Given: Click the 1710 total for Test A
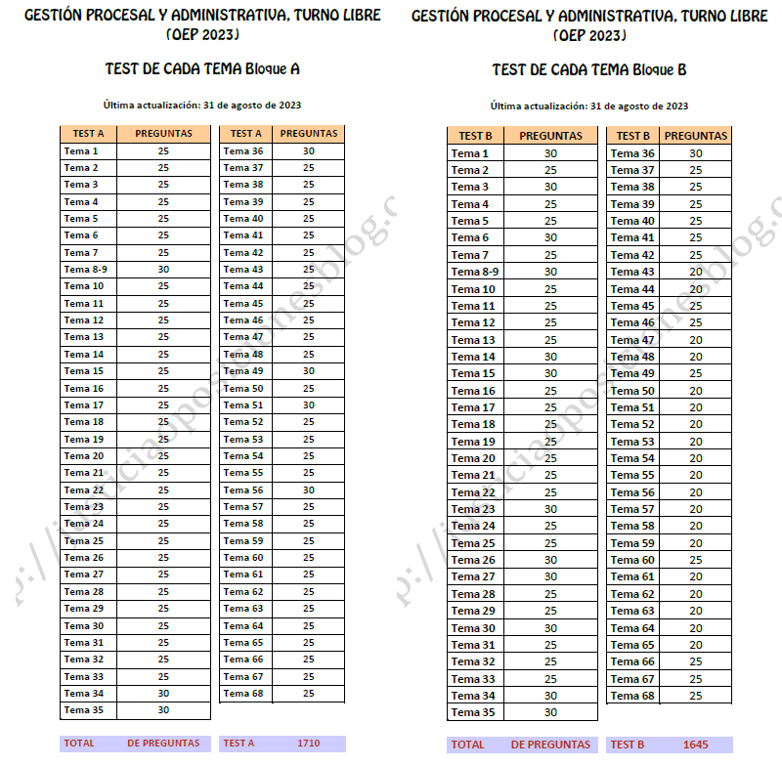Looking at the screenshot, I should coord(308,744).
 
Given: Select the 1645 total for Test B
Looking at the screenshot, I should coord(696,745).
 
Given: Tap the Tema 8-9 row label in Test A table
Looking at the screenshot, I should coord(85,270).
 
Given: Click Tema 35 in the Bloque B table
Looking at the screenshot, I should coord(472,712).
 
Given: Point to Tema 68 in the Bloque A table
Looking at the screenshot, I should coord(243,694).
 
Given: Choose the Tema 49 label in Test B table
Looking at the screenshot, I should coord(632,373).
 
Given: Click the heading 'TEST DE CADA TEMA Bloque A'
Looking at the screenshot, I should coord(202,69).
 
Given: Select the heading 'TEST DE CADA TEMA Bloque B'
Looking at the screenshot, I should coord(589,69).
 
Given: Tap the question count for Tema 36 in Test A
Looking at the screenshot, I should coord(308,151).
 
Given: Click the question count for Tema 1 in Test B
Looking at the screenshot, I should coord(550,153).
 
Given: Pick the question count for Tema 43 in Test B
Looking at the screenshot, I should coord(696,272).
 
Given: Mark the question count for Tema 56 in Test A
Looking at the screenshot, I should coord(308,490).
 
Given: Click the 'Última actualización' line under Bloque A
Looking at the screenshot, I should coord(202,106).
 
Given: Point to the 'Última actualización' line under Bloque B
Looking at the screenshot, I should coord(589,106).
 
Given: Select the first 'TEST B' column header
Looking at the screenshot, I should coord(475,136).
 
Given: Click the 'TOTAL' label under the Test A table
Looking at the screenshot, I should coord(79,744).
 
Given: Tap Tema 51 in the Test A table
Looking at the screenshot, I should coord(243,405).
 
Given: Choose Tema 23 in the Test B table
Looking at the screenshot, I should coord(473,509).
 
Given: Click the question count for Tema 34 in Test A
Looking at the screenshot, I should coord(163,694).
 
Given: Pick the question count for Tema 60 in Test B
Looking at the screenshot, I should coord(696,560).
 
